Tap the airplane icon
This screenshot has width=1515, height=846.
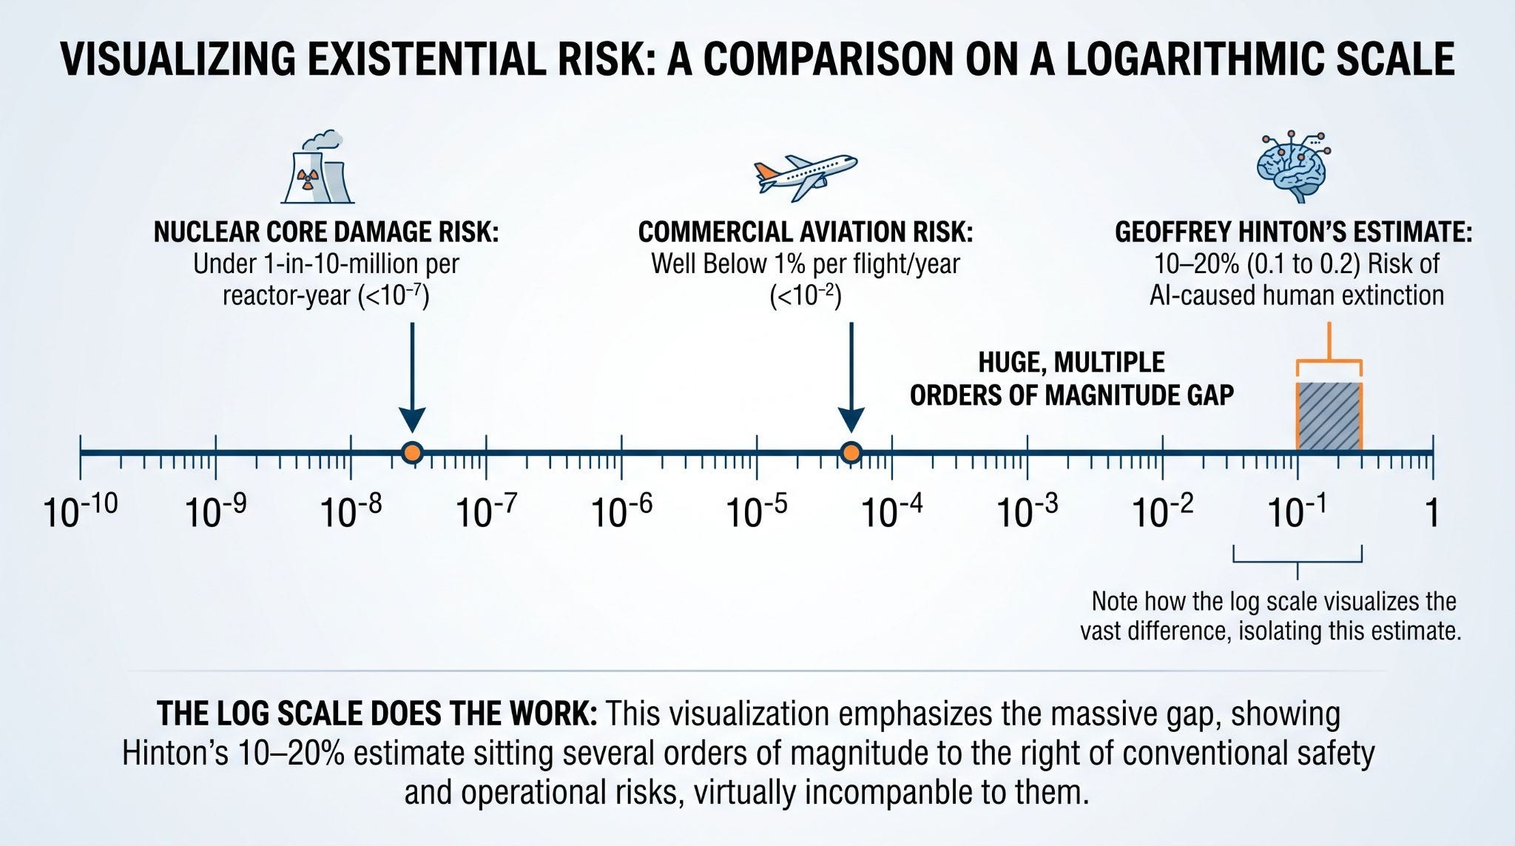point(806,176)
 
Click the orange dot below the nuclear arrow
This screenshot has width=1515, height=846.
point(412,452)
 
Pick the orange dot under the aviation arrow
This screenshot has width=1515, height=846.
point(851,452)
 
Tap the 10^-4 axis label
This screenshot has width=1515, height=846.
point(892,511)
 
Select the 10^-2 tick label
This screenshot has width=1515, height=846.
point(1163,511)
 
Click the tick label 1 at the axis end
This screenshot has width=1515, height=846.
point(1433,512)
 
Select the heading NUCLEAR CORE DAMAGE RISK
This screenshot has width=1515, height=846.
point(326,232)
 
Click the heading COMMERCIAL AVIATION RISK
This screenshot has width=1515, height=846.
point(806,232)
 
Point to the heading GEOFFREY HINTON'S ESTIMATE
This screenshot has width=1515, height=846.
point(1294,232)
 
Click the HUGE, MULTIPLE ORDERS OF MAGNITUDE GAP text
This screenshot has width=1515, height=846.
point(1072,378)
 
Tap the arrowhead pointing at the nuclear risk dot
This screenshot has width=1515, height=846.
point(412,420)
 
